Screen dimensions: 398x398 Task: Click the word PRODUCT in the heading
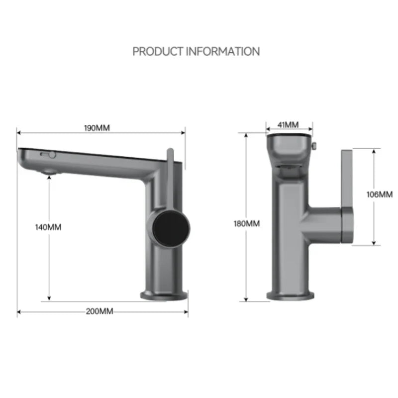[x=155, y=51]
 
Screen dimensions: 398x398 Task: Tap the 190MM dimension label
[x=97, y=128]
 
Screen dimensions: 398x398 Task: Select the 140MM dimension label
[x=48, y=227]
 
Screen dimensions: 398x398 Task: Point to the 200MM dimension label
[x=99, y=311]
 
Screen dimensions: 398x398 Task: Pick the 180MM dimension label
[x=246, y=223]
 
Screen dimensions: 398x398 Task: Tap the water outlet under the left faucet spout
[x=48, y=172]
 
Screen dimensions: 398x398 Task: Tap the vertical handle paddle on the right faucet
[x=347, y=197]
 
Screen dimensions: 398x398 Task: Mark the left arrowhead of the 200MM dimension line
[x=19, y=312]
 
